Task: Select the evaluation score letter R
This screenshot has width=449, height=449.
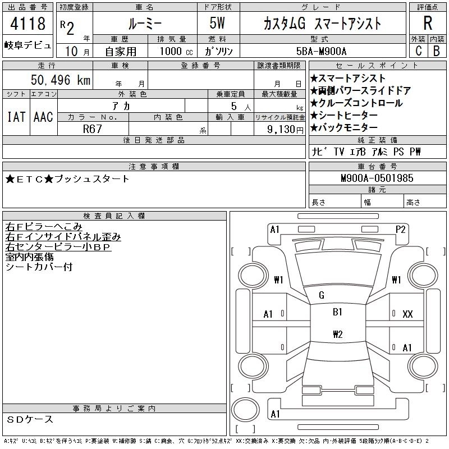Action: click(427, 24)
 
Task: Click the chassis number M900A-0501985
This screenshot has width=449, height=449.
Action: click(377, 178)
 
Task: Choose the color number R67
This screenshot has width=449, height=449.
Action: click(92, 129)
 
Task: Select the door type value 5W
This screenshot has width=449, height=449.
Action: click(219, 24)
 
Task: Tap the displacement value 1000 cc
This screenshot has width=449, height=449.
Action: click(175, 51)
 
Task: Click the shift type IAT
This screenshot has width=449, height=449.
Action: click(16, 117)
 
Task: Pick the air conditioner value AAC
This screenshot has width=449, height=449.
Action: click(43, 117)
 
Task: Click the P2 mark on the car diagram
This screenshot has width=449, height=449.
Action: click(400, 229)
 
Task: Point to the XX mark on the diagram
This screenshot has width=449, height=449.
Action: click(407, 314)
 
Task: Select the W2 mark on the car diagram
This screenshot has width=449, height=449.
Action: click(337, 335)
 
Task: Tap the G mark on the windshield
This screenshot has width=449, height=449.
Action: click(322, 295)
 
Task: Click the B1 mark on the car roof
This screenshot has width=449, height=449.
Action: click(337, 312)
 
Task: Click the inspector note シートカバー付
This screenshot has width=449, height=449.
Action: click(39, 267)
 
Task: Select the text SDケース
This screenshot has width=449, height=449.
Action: click(30, 419)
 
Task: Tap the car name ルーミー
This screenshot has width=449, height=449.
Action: click(144, 24)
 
